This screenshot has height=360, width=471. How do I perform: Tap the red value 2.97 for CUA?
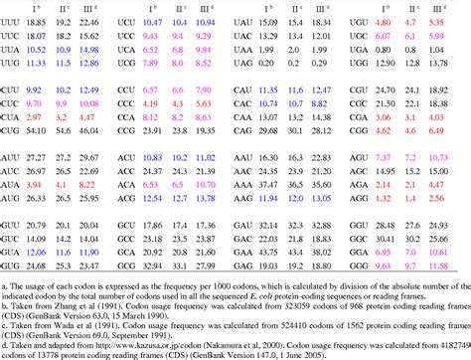pyautogui.click(x=60, y=115)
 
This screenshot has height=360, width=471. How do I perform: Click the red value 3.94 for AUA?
pyautogui.click(x=34, y=184)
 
